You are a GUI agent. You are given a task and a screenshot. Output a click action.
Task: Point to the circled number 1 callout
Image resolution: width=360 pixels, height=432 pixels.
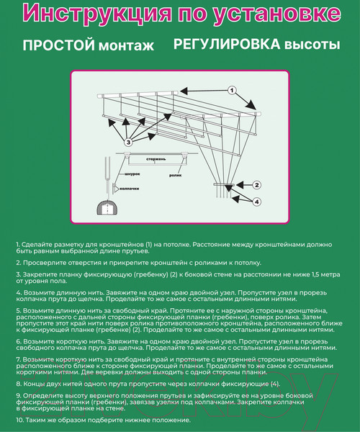pos(232,91)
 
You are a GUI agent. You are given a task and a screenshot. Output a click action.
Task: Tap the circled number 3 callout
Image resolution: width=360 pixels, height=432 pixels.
pos(128,143)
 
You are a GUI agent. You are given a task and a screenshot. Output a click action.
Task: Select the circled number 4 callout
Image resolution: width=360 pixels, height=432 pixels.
pos(256,202)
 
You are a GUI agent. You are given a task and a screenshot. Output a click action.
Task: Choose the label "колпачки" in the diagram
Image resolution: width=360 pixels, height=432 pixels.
pos(130,187)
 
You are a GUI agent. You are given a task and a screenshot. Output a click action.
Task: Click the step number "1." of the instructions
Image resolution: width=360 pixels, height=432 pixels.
pos(18,246)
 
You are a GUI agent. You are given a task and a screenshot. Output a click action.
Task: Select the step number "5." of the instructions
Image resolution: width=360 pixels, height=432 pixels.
pos(18,308)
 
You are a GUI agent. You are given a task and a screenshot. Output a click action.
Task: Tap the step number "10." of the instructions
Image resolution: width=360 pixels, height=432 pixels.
pos(19,419)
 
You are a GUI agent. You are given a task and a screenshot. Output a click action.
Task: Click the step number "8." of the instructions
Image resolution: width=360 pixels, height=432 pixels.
pos(18,384)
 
